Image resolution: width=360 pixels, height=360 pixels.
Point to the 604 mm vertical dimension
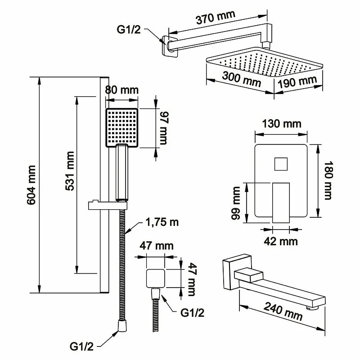(31, 185)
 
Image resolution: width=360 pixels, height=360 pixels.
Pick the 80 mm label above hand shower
(121, 90)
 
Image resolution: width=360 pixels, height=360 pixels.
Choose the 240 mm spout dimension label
(283, 310)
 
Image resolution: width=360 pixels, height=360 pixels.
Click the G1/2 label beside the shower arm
(130, 29)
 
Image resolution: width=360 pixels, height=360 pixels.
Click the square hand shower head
(122, 127)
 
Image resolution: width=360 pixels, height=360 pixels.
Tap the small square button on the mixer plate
(282, 164)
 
